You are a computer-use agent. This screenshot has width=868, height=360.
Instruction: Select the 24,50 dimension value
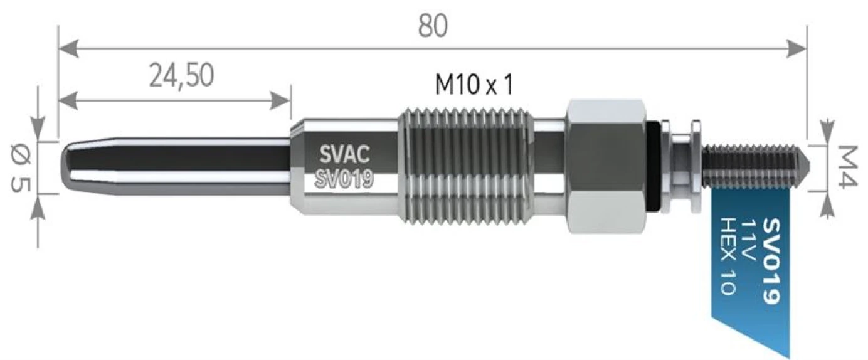[182, 75]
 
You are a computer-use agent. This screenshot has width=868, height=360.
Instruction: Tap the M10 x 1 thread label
[474, 84]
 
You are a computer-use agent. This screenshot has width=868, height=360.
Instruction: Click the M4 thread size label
[847, 168]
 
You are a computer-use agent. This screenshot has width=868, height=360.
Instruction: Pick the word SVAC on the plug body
[344, 153]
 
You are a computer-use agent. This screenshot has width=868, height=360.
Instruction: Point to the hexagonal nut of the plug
[605, 167]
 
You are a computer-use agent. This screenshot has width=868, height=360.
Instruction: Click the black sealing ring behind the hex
[654, 166]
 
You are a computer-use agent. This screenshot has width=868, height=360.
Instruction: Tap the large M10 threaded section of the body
[464, 167]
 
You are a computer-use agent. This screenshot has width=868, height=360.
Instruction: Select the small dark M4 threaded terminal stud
[753, 167]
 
